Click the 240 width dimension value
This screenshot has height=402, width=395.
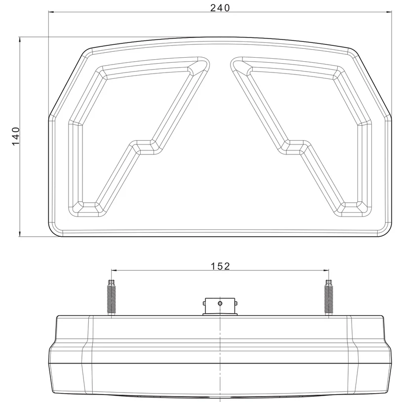[220, 8]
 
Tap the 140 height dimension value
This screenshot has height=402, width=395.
[16, 136]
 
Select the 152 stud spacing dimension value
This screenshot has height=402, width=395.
[220, 266]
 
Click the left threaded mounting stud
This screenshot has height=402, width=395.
[112, 297]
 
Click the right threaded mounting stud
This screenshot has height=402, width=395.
[328, 297]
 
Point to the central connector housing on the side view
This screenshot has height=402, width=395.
[220, 307]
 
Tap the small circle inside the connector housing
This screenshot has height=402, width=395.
[220, 303]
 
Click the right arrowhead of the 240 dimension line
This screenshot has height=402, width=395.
[389, 12]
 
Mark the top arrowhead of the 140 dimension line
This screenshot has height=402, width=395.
[20, 40]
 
